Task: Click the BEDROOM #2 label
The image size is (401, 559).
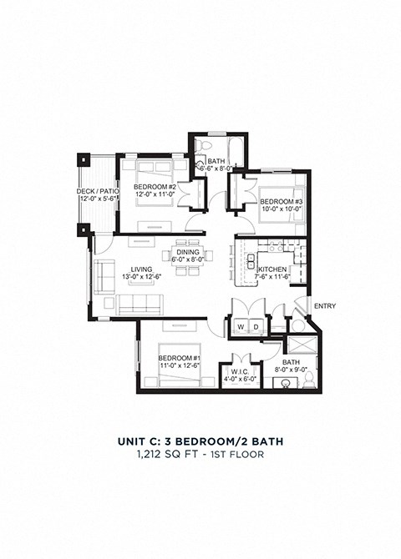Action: click(x=155, y=186)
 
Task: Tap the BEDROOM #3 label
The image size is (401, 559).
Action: click(x=275, y=201)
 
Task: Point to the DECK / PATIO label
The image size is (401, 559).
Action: click(x=98, y=191)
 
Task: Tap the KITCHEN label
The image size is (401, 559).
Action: click(x=273, y=269)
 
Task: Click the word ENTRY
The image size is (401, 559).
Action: click(x=324, y=306)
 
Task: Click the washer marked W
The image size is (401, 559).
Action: click(x=241, y=326)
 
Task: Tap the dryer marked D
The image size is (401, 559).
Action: click(x=256, y=326)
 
